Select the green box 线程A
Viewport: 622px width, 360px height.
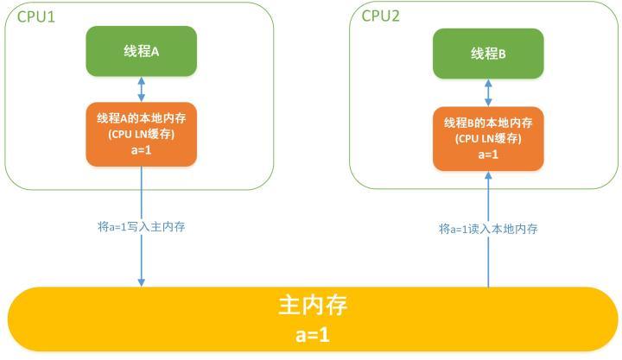(141, 51)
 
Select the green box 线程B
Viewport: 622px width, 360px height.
(488, 54)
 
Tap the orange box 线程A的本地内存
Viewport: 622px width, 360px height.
(141, 134)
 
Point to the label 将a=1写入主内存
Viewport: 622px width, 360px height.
(141, 227)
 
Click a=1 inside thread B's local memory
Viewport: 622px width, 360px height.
(488, 155)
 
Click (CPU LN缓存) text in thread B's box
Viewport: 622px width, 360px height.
(488, 138)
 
